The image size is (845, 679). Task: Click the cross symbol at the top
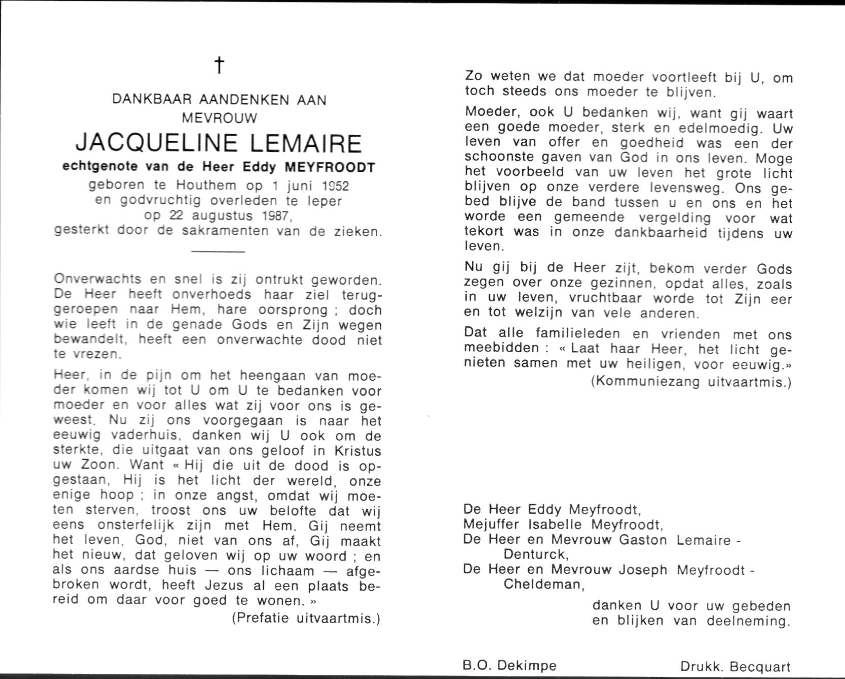pos(219,65)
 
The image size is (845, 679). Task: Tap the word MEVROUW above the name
pos(219,118)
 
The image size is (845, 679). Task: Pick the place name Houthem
pos(208,186)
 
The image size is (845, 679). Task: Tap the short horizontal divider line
pos(219,251)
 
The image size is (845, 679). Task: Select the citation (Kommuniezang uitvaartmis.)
pos(691,381)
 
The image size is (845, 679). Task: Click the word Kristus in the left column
pos(357,451)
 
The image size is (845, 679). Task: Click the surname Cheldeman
pos(543,584)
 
